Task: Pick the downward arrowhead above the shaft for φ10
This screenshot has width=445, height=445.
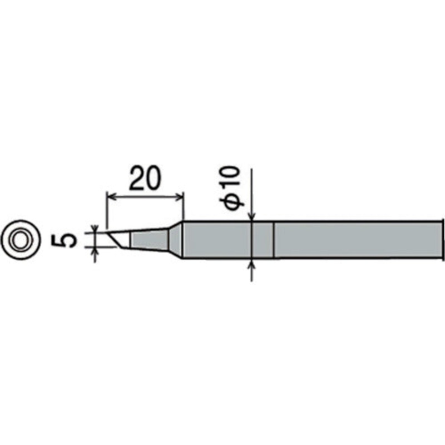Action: tap(252, 217)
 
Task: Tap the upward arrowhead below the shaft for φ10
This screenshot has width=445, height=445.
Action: tap(253, 265)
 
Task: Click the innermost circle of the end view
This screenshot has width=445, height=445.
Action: tap(22, 240)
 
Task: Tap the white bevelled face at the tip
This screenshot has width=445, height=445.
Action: tap(121, 239)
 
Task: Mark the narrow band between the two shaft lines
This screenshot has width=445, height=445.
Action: tap(263, 240)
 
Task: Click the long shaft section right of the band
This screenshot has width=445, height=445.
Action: tap(356, 240)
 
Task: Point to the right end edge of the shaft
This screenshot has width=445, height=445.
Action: tap(443, 240)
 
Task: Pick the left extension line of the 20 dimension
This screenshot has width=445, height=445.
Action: tap(105, 211)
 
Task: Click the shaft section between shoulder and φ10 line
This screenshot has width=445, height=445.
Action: tap(217, 240)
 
